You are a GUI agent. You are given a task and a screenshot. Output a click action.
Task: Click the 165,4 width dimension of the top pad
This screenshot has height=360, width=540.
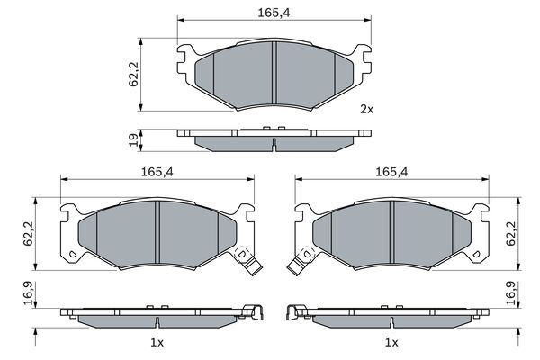click(274, 13)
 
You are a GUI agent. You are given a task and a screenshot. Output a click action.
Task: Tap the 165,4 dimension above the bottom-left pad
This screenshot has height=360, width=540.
click(157, 172)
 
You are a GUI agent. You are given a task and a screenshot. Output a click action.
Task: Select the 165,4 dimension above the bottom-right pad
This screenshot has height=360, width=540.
click(391, 172)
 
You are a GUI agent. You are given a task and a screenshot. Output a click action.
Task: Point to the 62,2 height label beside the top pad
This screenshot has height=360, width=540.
click(133, 74)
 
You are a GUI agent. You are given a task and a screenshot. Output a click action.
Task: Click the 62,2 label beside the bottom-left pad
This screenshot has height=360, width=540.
click(28, 234)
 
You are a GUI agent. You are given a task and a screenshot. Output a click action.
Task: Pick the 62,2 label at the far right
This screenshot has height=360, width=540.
click(510, 234)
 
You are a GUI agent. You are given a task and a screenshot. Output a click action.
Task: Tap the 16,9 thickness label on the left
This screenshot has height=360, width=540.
click(28, 293)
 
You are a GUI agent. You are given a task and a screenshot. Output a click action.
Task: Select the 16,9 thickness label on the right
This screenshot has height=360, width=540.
click(510, 293)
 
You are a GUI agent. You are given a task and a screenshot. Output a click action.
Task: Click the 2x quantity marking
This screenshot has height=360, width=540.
click(366, 110)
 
